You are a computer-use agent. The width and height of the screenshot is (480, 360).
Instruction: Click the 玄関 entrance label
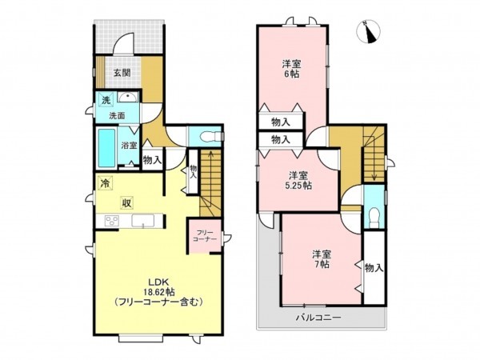(x=122, y=73)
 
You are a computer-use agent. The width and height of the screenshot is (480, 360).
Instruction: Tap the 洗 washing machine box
(x=105, y=100)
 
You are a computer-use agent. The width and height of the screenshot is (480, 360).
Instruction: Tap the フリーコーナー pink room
(x=203, y=236)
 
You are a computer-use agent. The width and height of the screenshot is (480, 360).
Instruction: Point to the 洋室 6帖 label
(x=291, y=68)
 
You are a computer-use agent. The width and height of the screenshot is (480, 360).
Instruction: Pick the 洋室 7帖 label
(x=322, y=261)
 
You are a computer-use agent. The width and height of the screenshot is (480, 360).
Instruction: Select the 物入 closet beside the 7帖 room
(x=372, y=267)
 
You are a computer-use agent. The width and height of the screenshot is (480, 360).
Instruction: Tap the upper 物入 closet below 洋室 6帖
(x=281, y=122)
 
